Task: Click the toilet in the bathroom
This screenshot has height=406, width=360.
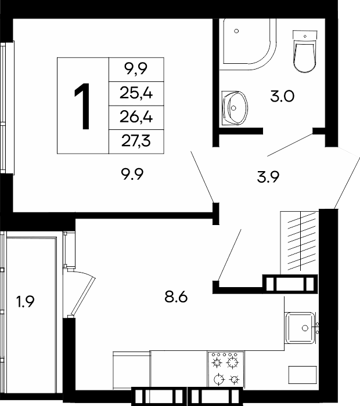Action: click(x=305, y=51)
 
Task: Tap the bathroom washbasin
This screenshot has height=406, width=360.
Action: click(x=235, y=108)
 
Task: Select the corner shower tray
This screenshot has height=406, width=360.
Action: click(x=247, y=44)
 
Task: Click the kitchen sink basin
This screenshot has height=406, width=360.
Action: click(x=300, y=328)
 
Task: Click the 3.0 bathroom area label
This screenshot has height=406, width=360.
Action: click(x=282, y=96)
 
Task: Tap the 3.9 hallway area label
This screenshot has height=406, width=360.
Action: click(x=268, y=177)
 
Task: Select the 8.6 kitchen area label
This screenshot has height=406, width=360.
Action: click(x=176, y=297)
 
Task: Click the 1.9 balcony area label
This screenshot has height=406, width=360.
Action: click(x=25, y=302)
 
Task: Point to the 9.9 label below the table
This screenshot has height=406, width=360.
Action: click(x=132, y=174)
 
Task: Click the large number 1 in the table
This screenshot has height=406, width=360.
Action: click(x=82, y=106)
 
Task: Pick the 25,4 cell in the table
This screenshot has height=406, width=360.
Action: click(x=136, y=93)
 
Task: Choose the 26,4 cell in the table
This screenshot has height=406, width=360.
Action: click(x=136, y=117)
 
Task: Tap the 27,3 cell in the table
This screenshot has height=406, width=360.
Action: click(x=136, y=142)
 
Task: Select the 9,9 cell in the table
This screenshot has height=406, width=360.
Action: click(x=136, y=69)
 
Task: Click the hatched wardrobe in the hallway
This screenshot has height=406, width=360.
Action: click(x=300, y=242)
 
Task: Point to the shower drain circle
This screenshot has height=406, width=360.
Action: click(x=236, y=31)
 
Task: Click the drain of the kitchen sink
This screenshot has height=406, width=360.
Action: click(x=305, y=328)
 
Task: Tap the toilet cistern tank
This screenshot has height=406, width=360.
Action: click(x=305, y=35)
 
